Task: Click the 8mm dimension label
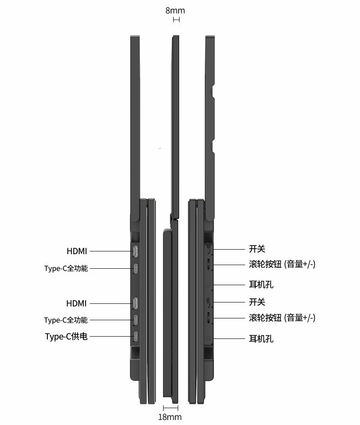pos(175,10)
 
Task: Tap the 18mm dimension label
pos(170,417)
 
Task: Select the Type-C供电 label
pos(66,337)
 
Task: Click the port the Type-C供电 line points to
pos(136,337)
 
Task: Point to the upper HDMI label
pos(77,251)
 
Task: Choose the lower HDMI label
pos(76,303)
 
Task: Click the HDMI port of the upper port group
pos(136,251)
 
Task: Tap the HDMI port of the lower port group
pos(136,303)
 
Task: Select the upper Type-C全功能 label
pos(66,268)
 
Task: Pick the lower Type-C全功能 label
pos(66,320)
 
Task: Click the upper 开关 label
pos(257,249)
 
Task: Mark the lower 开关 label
pos(257,302)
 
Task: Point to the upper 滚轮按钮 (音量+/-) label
pos(282,264)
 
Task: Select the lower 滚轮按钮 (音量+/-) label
pos(282,317)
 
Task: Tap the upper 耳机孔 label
pos(262,285)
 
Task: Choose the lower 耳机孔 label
pos(262,338)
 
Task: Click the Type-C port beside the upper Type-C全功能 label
pos(136,268)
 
